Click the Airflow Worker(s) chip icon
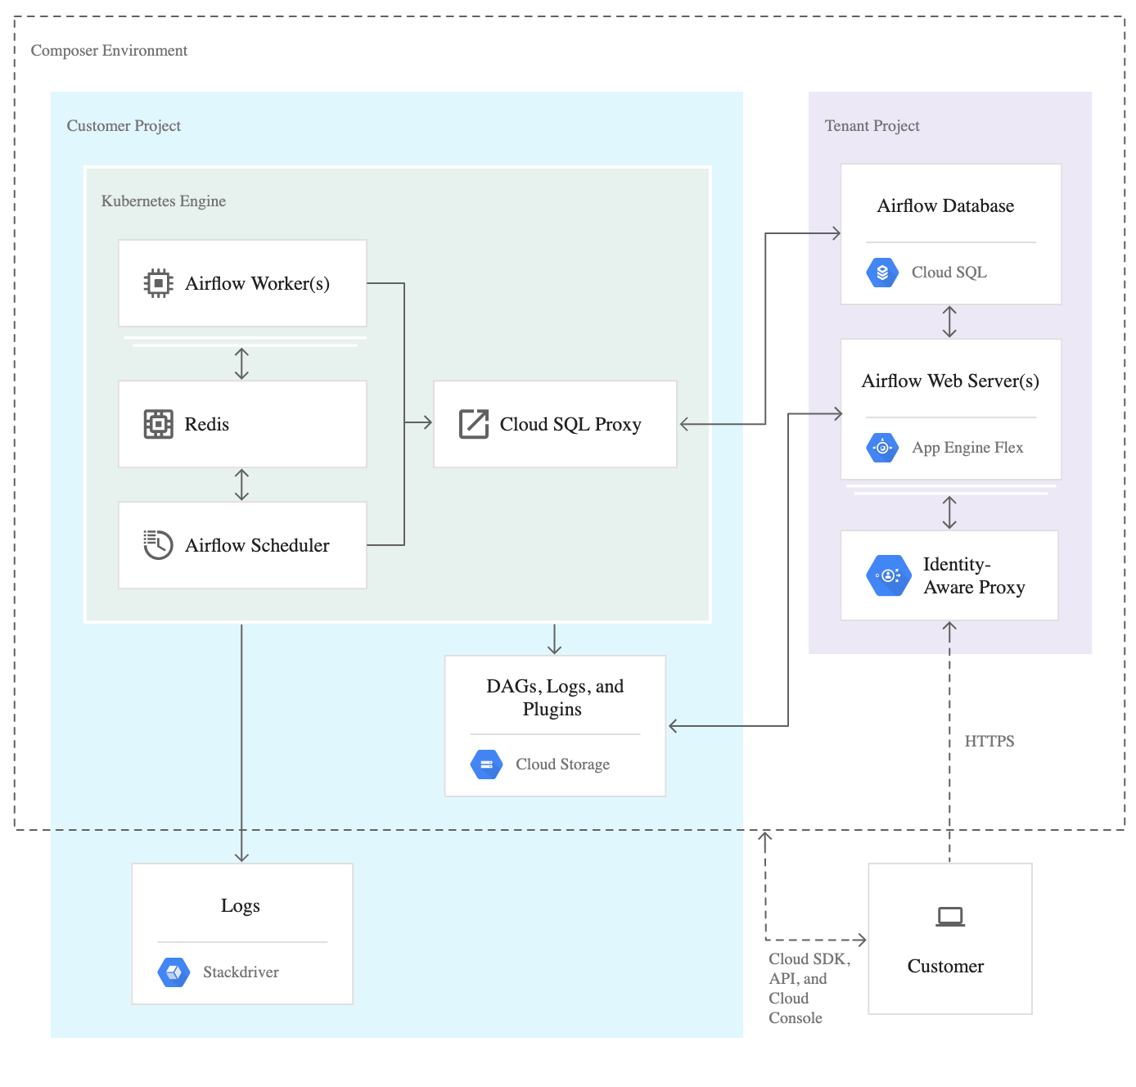[x=158, y=283]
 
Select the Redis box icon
[x=158, y=424]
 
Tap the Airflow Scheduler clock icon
[x=158, y=544]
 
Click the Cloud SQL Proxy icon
[x=474, y=424]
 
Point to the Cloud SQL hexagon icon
[x=882, y=273]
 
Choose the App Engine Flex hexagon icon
[x=882, y=448]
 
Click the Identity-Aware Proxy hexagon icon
[x=888, y=575]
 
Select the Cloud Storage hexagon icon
[x=486, y=765]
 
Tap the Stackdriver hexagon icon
[x=174, y=972]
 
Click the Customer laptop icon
[x=950, y=917]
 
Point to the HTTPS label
[x=989, y=742]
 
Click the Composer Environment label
[x=109, y=51]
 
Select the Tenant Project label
[x=872, y=126]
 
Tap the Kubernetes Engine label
[x=164, y=201]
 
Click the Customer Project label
[x=124, y=126]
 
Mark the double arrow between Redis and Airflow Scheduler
[x=241, y=485]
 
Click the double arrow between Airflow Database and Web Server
[x=949, y=322]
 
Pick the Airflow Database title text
[x=945, y=206]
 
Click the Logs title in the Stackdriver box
[x=241, y=906]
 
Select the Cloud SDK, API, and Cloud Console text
[x=808, y=988]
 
